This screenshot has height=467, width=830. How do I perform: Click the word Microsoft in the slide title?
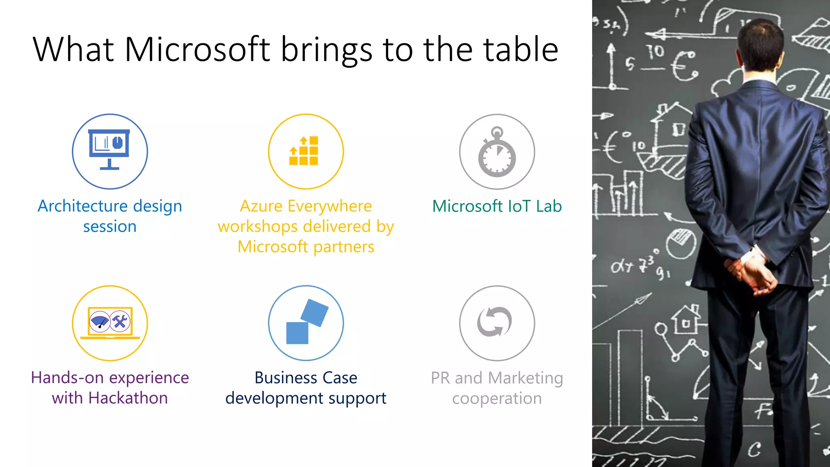197,49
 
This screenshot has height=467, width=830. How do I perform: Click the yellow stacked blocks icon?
304,151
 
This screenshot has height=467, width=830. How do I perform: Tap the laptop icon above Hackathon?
110,323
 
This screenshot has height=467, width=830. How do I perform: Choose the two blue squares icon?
306,322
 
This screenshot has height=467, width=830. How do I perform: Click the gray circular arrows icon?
495,322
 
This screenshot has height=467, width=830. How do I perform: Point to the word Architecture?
83,206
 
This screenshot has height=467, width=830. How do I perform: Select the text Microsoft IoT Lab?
497,206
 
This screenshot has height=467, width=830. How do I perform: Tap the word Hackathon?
128,398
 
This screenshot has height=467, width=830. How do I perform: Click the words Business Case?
306,378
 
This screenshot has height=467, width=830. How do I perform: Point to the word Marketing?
525,378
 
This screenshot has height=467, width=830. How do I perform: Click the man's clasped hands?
752,276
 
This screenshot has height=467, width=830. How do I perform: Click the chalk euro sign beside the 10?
684,66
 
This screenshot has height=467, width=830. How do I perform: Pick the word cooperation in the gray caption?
497,398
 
